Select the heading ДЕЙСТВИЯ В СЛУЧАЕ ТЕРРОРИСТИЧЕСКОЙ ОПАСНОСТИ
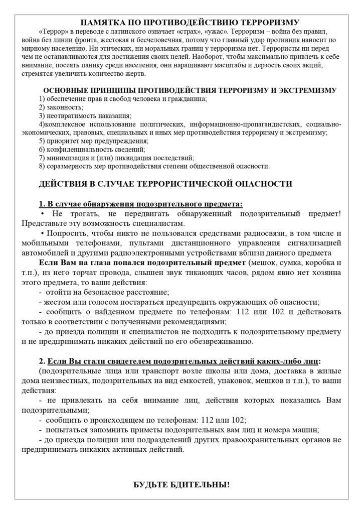pyautogui.click(x=165, y=184)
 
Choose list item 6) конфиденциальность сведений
pyautogui.click(x=92, y=150)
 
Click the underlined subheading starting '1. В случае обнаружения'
pyautogui.click(x=140, y=204)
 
